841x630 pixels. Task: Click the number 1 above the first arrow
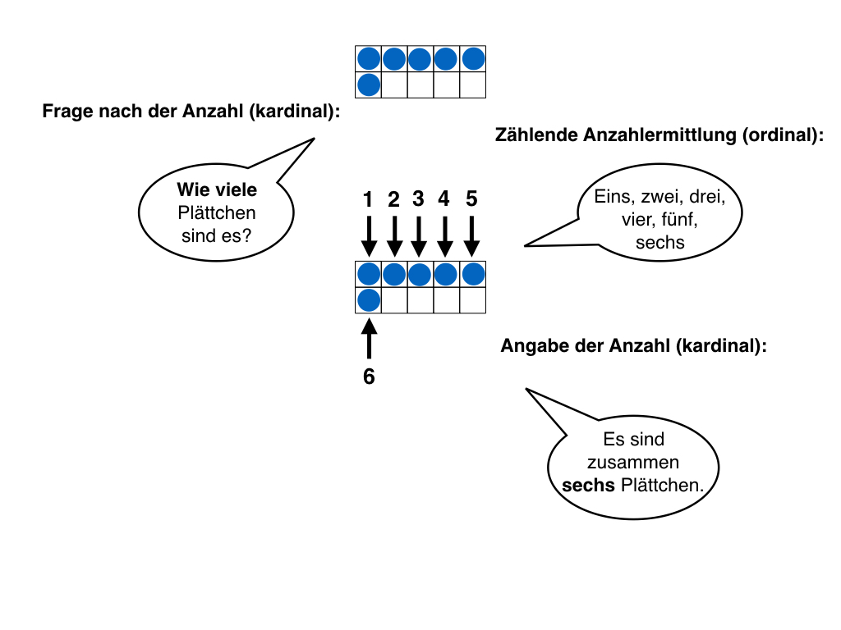(x=369, y=199)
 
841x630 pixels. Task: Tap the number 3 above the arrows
(x=419, y=199)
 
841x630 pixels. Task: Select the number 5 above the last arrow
(x=471, y=199)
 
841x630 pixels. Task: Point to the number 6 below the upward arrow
(x=369, y=377)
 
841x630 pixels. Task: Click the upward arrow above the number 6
(x=369, y=338)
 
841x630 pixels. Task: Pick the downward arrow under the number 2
(x=394, y=236)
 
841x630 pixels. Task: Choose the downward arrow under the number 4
(x=445, y=236)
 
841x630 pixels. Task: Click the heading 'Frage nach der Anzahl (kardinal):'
(x=191, y=111)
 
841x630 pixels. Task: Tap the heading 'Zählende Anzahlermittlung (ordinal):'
(x=659, y=137)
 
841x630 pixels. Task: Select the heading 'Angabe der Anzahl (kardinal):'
(x=633, y=346)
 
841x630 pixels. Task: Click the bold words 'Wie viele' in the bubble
(x=217, y=190)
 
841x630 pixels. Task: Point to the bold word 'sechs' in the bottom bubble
(x=588, y=485)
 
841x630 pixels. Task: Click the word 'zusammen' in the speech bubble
(x=633, y=463)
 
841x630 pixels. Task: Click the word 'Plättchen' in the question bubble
(x=217, y=213)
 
